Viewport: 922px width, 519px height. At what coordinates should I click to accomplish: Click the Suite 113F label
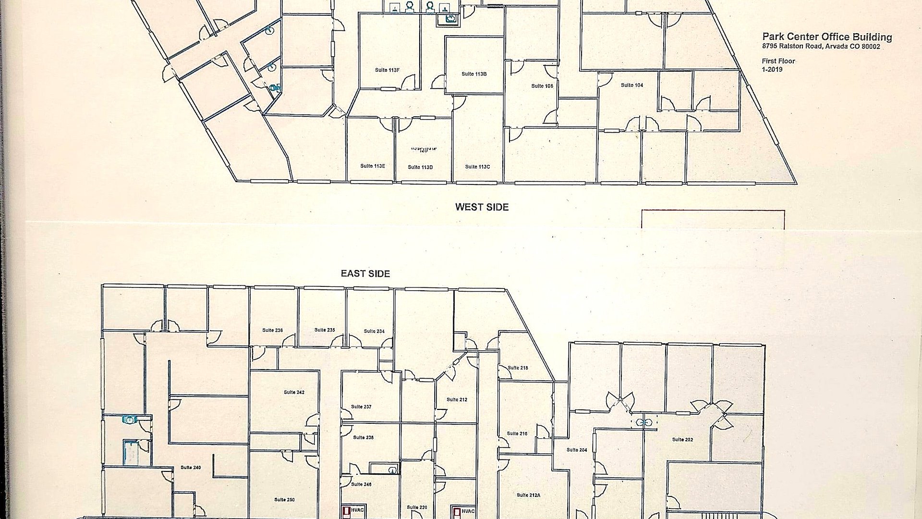click(387, 70)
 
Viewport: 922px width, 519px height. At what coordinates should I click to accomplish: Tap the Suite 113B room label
click(474, 74)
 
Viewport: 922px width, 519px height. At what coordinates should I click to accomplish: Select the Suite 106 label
click(542, 86)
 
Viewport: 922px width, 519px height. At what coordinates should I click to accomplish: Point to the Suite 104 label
click(632, 85)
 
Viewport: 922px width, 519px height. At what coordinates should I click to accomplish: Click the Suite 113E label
click(373, 166)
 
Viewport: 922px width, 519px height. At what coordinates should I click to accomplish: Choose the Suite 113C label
click(477, 167)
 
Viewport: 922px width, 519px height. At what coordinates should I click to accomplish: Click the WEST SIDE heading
click(482, 207)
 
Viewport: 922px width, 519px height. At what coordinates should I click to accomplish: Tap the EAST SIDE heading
click(365, 273)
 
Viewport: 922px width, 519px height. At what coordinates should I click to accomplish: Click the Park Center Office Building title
click(827, 37)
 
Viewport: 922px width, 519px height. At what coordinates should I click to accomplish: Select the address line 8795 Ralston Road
click(821, 47)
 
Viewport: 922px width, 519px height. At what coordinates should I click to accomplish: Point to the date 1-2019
click(772, 69)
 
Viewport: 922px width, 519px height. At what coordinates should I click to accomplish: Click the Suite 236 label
click(272, 330)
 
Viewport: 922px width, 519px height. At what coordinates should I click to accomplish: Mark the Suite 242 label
click(294, 392)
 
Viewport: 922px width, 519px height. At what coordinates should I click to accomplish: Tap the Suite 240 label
click(191, 467)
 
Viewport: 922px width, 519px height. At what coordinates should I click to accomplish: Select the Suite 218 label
click(518, 368)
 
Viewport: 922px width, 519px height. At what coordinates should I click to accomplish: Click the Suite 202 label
click(682, 439)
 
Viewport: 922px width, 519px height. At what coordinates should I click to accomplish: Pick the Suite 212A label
click(528, 495)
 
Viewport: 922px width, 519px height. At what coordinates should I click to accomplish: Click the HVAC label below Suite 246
click(357, 510)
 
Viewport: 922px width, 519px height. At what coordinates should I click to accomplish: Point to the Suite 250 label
click(284, 500)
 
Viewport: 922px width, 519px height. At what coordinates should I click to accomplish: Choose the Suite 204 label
click(577, 450)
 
